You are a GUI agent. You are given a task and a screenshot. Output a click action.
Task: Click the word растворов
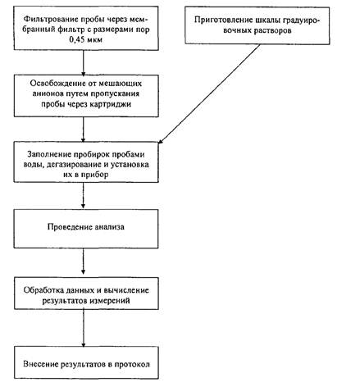(x=272, y=30)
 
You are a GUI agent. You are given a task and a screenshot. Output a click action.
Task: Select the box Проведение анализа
(x=86, y=229)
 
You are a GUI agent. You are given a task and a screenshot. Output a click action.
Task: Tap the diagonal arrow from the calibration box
(x=209, y=93)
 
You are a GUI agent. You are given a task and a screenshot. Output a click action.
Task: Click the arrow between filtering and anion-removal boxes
(x=84, y=63)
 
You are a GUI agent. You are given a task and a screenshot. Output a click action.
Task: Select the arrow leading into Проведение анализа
(x=84, y=195)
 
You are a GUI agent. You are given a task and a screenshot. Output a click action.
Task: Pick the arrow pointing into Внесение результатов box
(x=84, y=328)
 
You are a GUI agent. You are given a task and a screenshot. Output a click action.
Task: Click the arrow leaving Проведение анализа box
(x=84, y=262)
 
